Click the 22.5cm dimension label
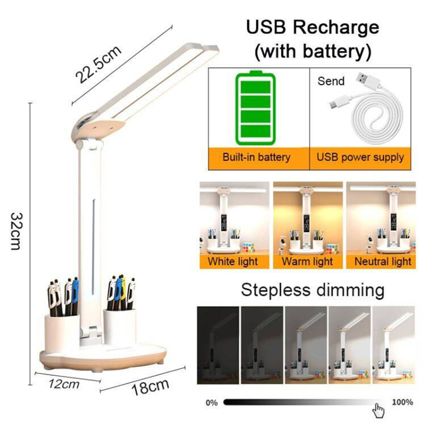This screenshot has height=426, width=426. click(98, 65)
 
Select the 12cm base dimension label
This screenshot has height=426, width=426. click(64, 384)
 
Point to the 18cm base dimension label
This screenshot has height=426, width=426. click(150, 387)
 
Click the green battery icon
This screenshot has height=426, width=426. click(256, 108)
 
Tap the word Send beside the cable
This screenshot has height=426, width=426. click(331, 81)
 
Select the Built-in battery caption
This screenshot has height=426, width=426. click(256, 157)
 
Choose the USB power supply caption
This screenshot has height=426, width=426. click(360, 158)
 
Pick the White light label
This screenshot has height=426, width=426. click(233, 262)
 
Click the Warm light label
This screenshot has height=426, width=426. click(307, 262)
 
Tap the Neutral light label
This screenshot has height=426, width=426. click(383, 262)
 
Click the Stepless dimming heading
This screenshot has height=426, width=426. click(312, 290)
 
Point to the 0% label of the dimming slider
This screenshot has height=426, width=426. click(212, 403)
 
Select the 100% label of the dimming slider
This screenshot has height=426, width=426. click(403, 402)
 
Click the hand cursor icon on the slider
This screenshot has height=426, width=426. click(378, 410)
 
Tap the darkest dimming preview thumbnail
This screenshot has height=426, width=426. click(218, 345)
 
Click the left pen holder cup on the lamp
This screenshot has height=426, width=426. click(62, 333)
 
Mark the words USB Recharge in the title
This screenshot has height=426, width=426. click(312, 27)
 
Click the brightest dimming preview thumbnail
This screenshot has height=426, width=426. click(394, 345)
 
